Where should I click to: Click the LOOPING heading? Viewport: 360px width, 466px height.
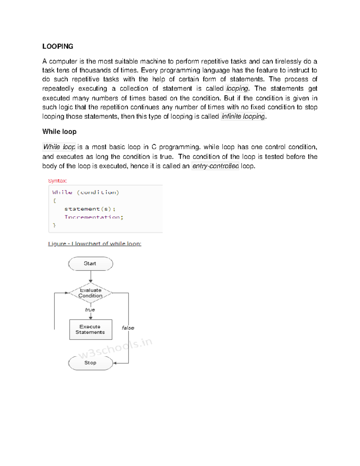58,47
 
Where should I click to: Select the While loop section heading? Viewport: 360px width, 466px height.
59,132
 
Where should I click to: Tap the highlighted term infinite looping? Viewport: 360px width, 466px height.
243,116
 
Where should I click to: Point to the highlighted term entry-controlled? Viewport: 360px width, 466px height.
215,166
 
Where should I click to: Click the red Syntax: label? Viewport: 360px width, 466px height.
57,181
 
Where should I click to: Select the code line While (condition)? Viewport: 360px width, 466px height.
85,192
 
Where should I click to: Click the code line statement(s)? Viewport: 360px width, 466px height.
90,209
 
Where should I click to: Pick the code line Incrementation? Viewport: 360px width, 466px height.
94,217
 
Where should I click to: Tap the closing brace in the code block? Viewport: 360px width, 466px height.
54,225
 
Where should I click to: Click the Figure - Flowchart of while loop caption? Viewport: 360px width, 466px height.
94,244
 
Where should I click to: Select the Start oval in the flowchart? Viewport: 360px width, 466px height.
90,263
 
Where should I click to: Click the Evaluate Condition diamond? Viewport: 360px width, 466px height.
90,293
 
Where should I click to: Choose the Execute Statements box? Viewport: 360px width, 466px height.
90,329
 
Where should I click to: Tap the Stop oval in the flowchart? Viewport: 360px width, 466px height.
90,363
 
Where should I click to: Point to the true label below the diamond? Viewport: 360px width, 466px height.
90,310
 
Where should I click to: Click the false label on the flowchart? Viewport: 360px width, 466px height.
128,328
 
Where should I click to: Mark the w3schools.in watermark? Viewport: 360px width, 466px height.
115,348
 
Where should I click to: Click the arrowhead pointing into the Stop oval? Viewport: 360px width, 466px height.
115,363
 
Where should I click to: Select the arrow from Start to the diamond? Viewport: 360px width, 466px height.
91,276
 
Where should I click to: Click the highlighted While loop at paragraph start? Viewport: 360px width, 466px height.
59,147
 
